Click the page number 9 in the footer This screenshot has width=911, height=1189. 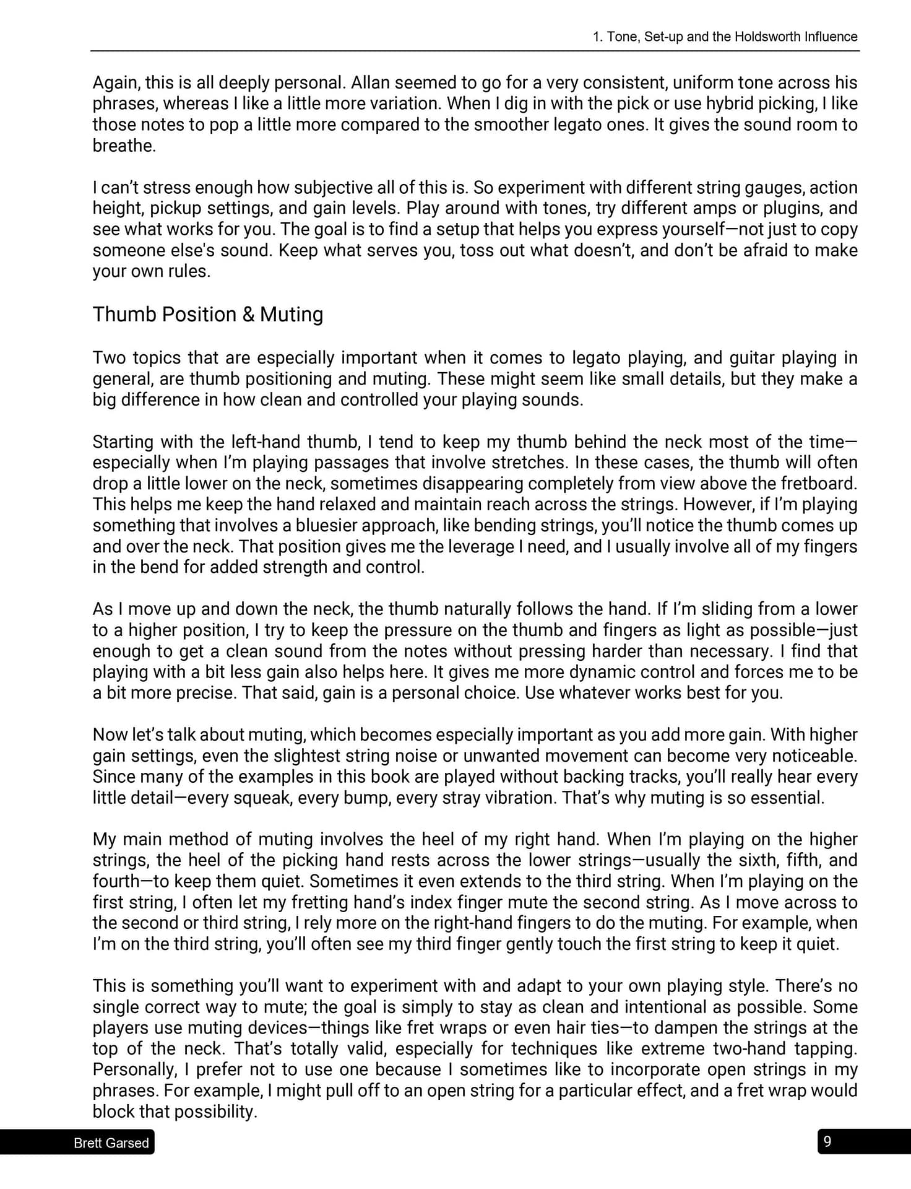[x=827, y=1141]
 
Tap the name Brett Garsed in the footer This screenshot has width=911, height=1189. [x=111, y=1143]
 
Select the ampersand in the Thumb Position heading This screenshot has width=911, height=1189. [x=248, y=315]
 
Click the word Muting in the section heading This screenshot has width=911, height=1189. [x=291, y=315]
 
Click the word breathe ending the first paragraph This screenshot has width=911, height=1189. [x=124, y=146]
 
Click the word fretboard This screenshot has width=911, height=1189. [x=818, y=484]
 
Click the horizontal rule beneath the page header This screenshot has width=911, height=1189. [x=475, y=51]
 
